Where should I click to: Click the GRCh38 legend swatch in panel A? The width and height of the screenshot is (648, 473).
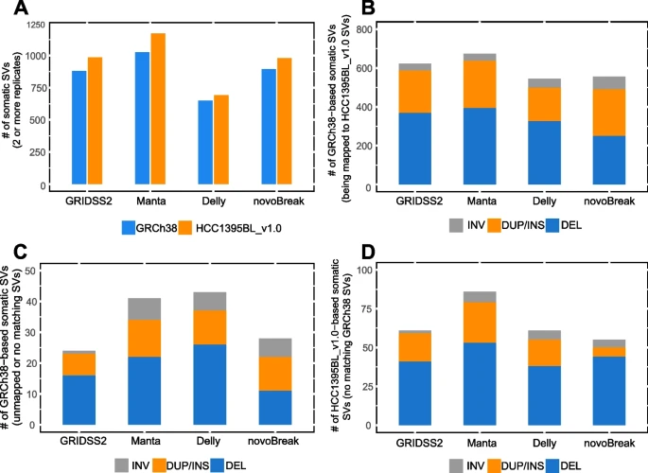pyautogui.click(x=129, y=227)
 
